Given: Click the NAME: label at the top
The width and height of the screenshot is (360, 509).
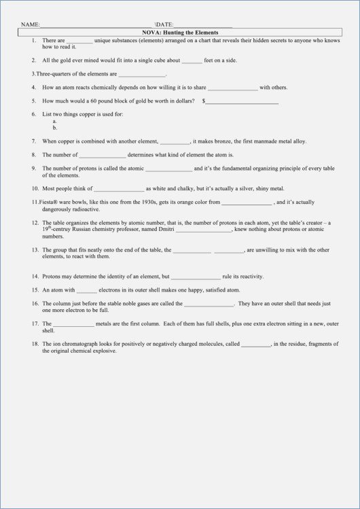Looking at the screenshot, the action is (x=30, y=24).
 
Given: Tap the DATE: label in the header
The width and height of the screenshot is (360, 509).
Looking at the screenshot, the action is (x=165, y=24).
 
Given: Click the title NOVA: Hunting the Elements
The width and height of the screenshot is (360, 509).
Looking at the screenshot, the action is (x=179, y=32).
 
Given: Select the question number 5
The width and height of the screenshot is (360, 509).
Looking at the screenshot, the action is (x=33, y=101).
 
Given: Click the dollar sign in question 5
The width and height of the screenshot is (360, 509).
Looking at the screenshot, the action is (x=203, y=101).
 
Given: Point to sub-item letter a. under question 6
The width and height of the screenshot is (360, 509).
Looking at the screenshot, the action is (x=54, y=121).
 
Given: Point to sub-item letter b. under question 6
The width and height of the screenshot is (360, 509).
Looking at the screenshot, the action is (x=54, y=127).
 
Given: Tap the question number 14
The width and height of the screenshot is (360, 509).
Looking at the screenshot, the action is (x=34, y=277).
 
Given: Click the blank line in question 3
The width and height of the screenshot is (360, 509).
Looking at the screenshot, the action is (x=142, y=73).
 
